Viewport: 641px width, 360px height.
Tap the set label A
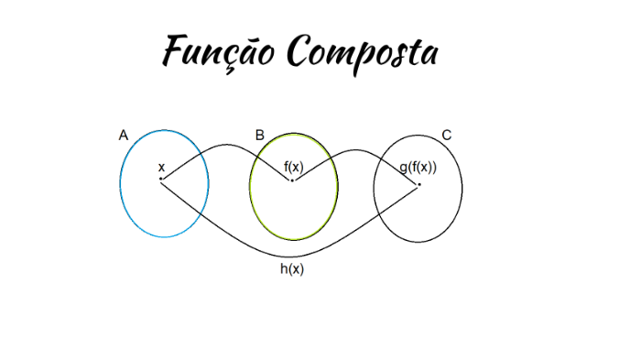tap(124, 136)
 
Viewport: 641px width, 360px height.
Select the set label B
tap(260, 136)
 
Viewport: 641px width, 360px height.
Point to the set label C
tap(446, 136)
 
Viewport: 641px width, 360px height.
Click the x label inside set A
tap(161, 168)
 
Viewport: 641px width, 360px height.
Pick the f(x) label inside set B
tap(293, 166)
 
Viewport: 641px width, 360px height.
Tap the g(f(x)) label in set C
tap(418, 168)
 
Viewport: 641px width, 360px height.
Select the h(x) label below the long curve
tap(292, 269)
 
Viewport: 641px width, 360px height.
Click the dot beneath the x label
tap(161, 179)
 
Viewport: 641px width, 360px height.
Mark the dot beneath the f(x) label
tap(293, 180)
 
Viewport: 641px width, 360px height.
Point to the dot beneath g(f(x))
tap(419, 185)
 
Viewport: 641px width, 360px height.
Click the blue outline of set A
tap(120, 183)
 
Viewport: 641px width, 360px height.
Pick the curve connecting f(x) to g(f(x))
tap(356, 150)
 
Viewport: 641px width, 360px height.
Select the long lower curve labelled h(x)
tap(293, 255)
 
